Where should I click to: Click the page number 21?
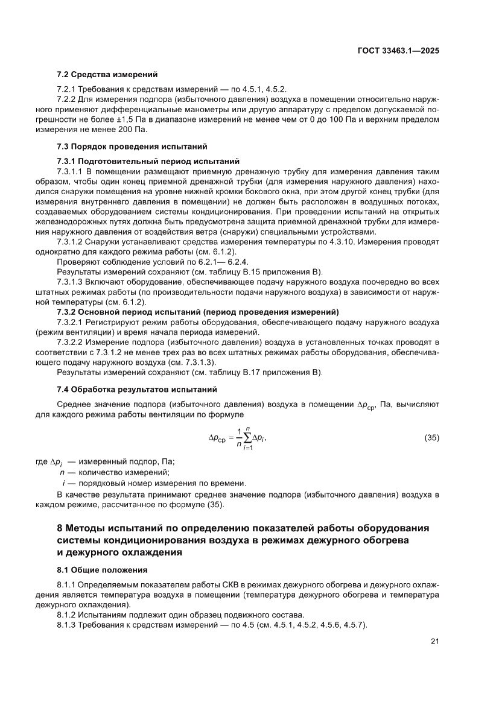tap(434, 641)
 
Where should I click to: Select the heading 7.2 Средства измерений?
tap(107, 75)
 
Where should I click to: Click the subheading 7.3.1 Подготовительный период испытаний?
tap(148, 161)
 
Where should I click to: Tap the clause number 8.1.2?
tap(66, 615)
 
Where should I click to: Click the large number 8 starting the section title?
tap(60, 528)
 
